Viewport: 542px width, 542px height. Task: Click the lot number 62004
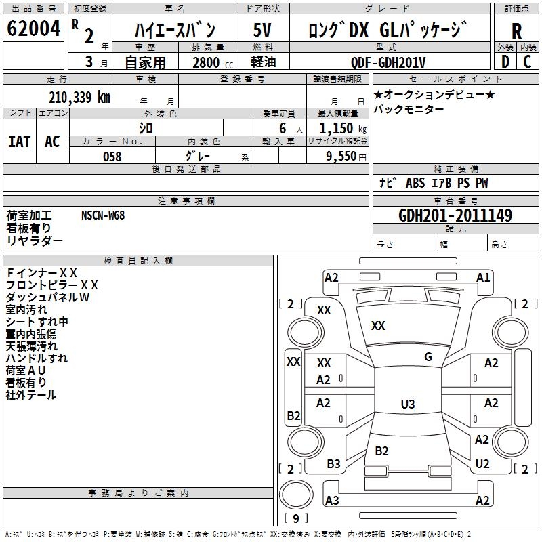pyautogui.click(x=33, y=30)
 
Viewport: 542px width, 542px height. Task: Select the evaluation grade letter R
pyautogui.click(x=516, y=31)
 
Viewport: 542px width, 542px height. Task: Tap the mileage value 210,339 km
pyautogui.click(x=79, y=97)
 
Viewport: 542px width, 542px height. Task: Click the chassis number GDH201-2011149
pyautogui.click(x=455, y=215)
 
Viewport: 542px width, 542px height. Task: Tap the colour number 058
pyautogui.click(x=112, y=157)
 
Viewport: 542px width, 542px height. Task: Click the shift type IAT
pyautogui.click(x=19, y=141)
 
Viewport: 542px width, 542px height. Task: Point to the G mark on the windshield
pyautogui.click(x=428, y=357)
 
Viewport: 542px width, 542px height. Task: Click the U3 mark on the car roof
pyautogui.click(x=407, y=404)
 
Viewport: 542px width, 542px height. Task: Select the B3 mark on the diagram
pyautogui.click(x=333, y=464)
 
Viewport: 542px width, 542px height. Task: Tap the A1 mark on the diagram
pyautogui.click(x=483, y=277)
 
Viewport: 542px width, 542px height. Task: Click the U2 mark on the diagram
pyautogui.click(x=482, y=464)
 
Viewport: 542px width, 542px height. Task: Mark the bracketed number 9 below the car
pyautogui.click(x=295, y=518)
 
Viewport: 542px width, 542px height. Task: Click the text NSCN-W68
pyautogui.click(x=103, y=215)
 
